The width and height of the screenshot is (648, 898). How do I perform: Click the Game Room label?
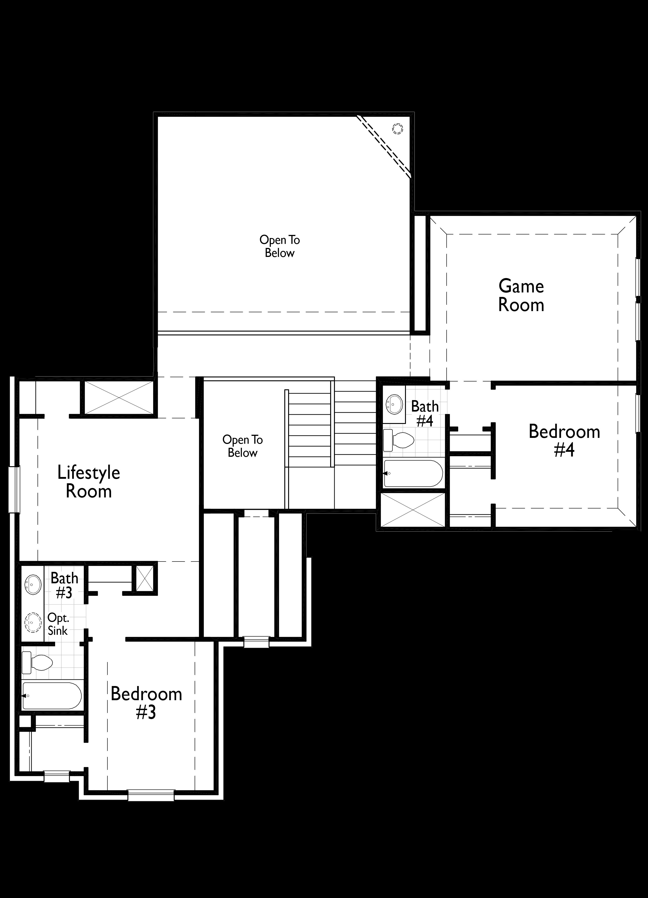point(521,295)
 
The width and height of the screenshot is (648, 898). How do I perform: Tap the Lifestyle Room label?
point(89,482)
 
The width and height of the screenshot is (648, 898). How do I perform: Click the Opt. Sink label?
point(58,624)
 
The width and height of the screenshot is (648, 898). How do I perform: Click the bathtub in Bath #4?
point(413,473)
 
